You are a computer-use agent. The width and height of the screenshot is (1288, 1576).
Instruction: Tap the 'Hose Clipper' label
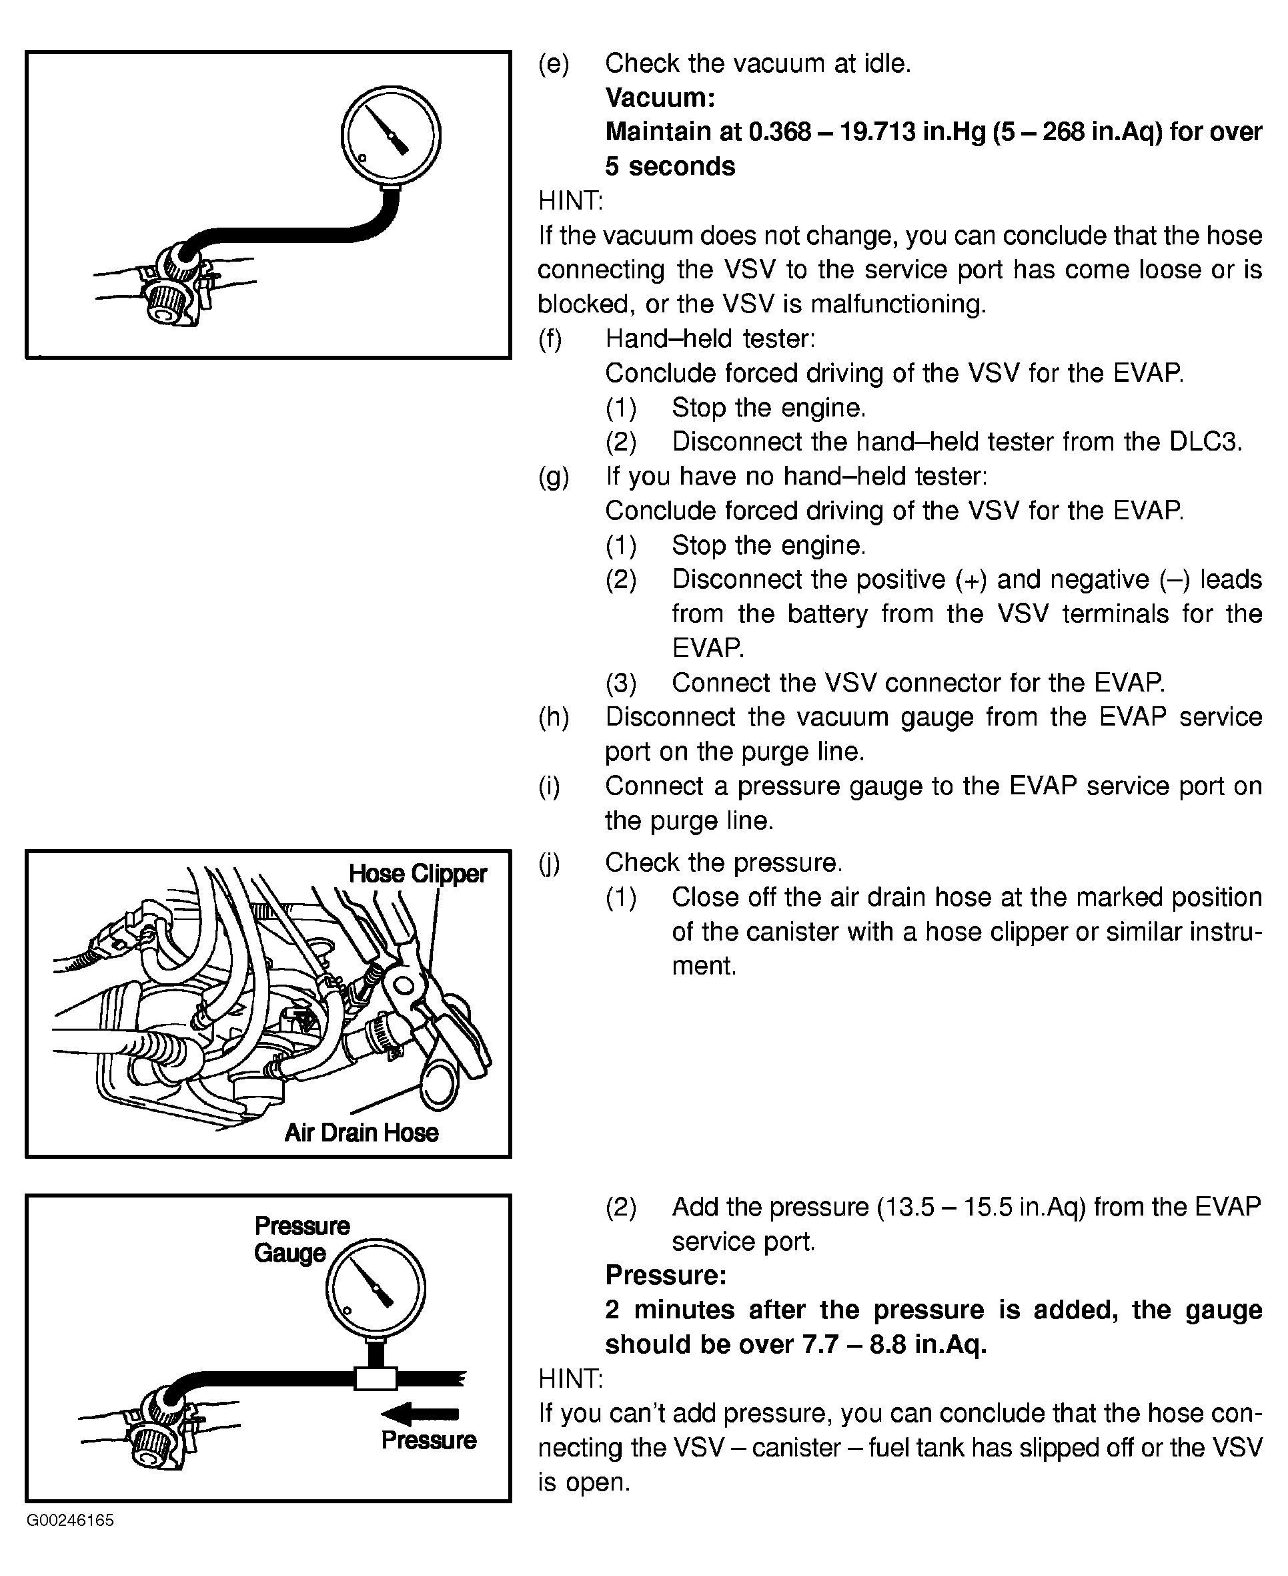418,874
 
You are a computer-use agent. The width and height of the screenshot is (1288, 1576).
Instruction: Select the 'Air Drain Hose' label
362,1132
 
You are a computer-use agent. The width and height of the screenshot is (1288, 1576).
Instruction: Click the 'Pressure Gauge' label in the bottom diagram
301,1239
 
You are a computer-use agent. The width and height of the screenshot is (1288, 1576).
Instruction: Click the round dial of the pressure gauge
376,1286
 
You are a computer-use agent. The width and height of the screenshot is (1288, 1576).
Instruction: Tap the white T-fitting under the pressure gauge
376,1378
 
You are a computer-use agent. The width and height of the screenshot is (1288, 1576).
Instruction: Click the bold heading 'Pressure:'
666,1274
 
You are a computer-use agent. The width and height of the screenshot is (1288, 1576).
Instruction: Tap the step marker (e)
554,64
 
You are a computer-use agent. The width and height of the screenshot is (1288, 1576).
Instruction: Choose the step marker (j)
550,862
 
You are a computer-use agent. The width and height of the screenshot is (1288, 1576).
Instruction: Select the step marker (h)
554,717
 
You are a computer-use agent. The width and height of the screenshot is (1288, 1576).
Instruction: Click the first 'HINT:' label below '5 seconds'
571,200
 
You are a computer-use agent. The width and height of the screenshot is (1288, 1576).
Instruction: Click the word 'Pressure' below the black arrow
429,1440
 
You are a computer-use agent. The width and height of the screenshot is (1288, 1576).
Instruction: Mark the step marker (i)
550,786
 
